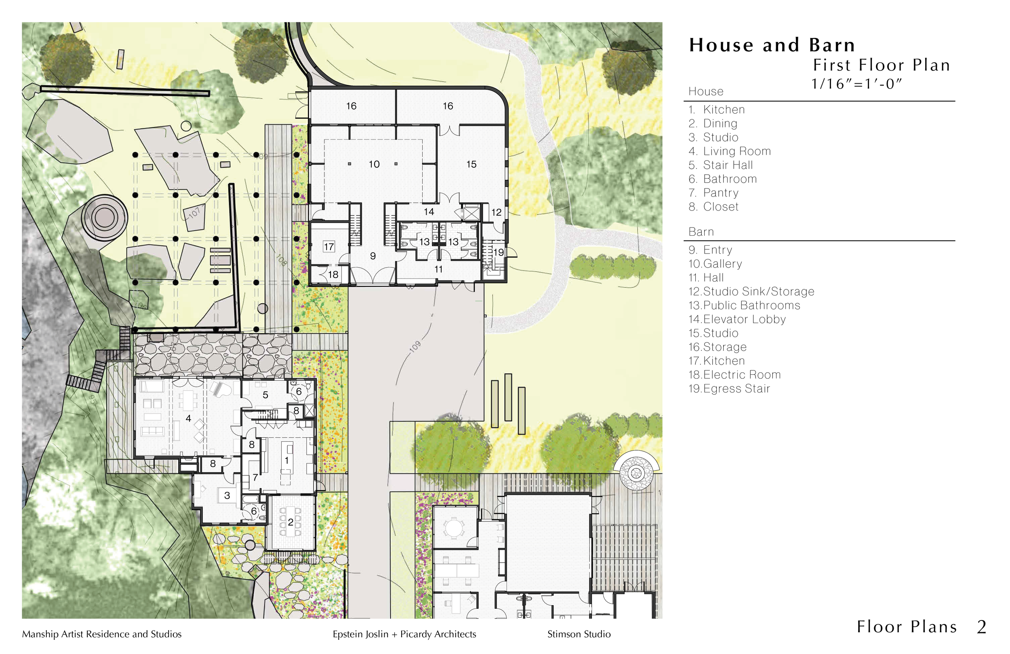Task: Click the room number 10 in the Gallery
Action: coord(374,165)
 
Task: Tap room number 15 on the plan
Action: coord(471,165)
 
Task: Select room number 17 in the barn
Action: coord(329,247)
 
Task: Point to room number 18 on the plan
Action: coord(333,275)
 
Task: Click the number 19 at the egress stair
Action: coord(498,252)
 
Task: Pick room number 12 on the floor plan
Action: coord(496,212)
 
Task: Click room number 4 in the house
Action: coord(188,418)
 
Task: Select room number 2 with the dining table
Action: coord(291,522)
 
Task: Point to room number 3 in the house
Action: coord(227,495)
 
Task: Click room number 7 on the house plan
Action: coord(255,477)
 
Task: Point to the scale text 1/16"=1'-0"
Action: coord(856,84)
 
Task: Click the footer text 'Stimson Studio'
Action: coord(579,634)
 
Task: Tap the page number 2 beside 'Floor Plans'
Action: coord(982,627)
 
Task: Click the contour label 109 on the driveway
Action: coord(415,346)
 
